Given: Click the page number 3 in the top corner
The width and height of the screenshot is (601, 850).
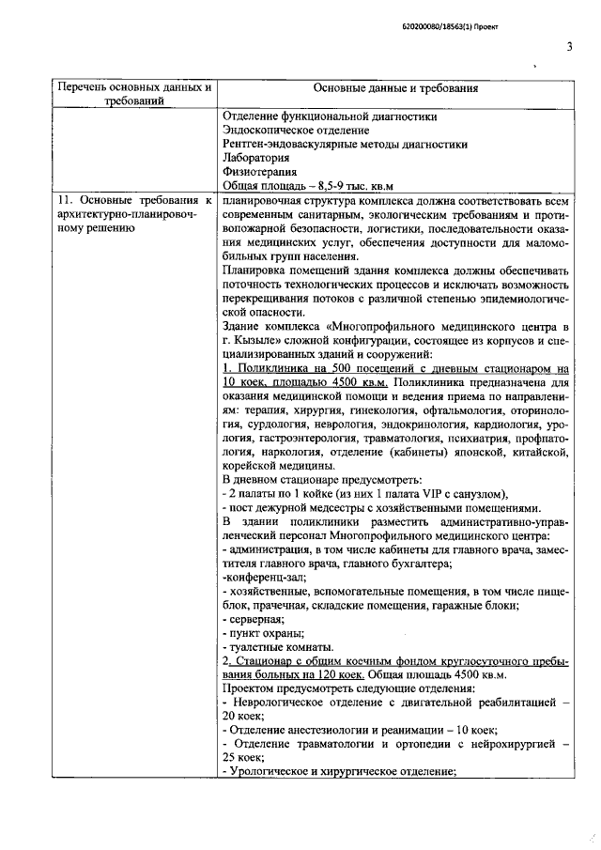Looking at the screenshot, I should [569, 48].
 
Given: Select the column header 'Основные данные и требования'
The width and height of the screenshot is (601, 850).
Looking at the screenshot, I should [395, 89].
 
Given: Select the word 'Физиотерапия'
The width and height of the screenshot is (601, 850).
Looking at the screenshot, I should [260, 172].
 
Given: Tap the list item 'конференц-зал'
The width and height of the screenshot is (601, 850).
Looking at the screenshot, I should [258, 577].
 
